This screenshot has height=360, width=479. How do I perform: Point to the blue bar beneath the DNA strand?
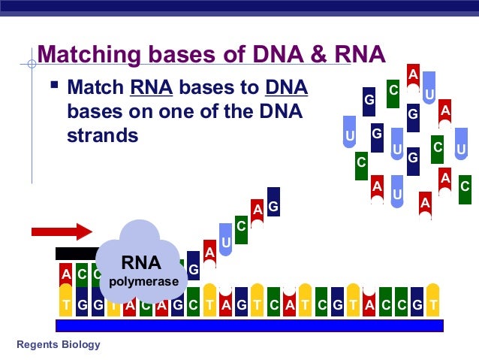[x=249, y=325]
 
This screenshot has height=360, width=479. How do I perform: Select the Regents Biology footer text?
[x=58, y=345]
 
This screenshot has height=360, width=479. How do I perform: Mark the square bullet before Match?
[x=53, y=88]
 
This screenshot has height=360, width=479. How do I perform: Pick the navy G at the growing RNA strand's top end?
[x=273, y=205]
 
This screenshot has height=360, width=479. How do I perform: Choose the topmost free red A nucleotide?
[x=412, y=75]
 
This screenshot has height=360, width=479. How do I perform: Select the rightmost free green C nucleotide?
[x=465, y=185]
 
